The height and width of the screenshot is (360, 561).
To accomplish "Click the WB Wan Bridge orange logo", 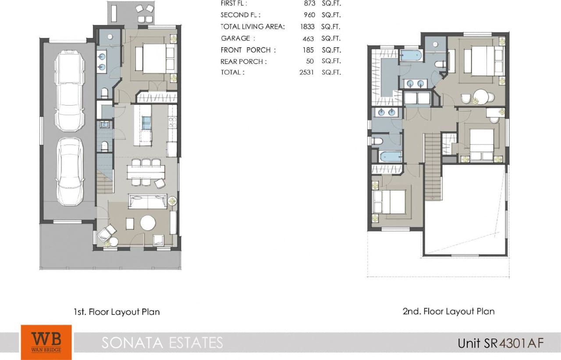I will tap(46, 342).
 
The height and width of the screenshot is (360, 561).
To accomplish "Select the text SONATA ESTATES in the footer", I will tap(162, 342).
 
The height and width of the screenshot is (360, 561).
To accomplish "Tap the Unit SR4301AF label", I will tap(501, 343).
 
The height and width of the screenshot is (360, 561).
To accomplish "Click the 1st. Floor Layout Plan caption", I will tap(117, 312).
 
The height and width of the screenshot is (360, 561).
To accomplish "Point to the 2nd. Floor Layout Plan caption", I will tap(448, 311).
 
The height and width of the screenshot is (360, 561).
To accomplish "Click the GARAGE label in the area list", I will tap(235, 39).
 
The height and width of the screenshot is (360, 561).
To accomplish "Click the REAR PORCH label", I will tap(243, 61).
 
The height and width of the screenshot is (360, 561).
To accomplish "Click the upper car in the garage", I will tap(68, 91).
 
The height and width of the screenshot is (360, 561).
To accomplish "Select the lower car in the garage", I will tap(70, 171).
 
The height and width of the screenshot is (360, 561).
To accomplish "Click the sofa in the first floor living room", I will tap(147, 201).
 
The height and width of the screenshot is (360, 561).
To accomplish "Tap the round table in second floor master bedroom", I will tap(481, 97).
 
